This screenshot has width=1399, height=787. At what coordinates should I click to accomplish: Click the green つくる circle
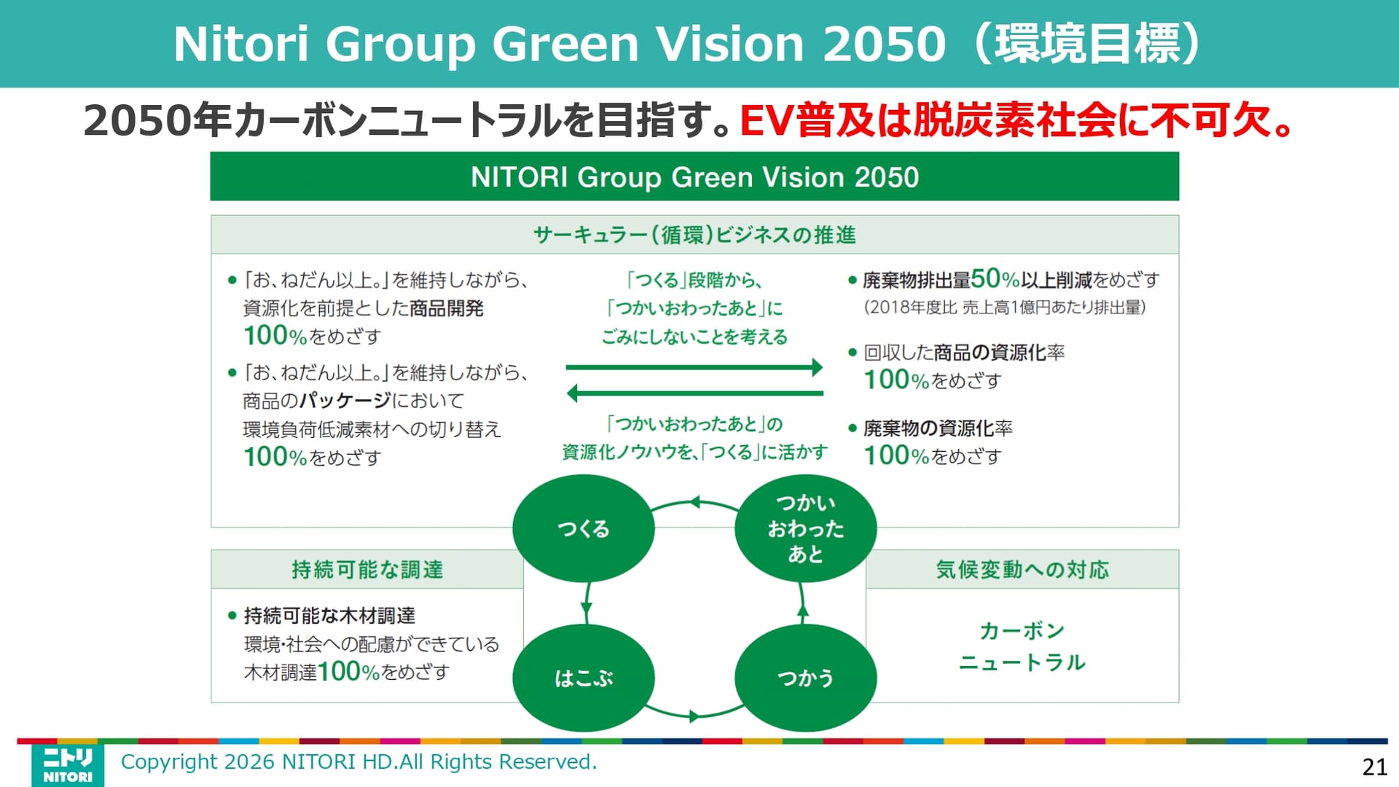pos(583,528)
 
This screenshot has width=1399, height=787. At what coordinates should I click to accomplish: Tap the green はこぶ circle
pos(583,678)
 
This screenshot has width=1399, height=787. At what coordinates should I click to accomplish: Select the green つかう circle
pos(805,678)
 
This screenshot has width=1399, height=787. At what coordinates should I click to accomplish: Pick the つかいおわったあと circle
pos(805,528)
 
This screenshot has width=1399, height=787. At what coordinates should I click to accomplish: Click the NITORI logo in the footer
pos(67,764)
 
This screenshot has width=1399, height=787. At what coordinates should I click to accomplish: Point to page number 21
pos(1374,767)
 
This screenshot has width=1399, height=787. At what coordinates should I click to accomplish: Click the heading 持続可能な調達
pos(367,569)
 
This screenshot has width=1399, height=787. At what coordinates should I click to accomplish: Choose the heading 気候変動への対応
pos(1022,569)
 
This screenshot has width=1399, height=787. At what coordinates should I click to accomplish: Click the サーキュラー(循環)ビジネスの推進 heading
pos(694,235)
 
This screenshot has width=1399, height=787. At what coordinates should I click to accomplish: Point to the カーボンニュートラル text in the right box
pos(1022,646)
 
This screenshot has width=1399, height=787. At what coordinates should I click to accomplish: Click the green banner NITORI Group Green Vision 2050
pos(694,177)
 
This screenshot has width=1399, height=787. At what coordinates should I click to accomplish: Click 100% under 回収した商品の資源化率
pos(896,380)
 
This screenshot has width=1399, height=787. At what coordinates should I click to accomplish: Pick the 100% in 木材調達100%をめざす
pos(348,672)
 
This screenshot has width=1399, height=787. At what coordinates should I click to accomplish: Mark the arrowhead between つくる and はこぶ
pos(587,609)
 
